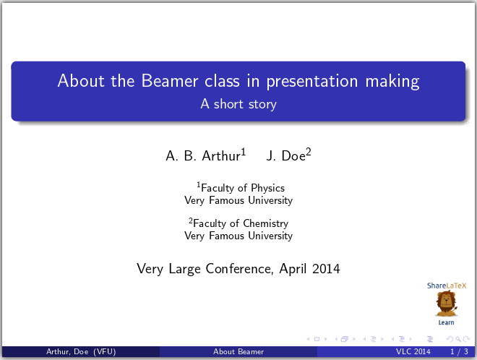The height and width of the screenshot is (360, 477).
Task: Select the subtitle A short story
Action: [239, 104]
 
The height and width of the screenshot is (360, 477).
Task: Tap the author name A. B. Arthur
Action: [203, 155]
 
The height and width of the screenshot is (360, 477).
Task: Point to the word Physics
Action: [269, 188]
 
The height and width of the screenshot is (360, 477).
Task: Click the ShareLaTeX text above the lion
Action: [446, 286]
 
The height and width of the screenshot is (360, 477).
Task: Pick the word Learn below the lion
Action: [446, 322]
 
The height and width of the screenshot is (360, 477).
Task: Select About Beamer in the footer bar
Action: [239, 352]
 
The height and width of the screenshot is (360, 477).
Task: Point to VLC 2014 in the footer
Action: [413, 352]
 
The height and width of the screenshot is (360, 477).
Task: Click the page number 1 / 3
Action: [457, 352]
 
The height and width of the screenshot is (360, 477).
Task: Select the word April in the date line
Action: [294, 269]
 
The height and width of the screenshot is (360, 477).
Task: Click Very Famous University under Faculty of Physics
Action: [239, 200]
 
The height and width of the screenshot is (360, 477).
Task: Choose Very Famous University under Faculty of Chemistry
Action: [239, 236]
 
